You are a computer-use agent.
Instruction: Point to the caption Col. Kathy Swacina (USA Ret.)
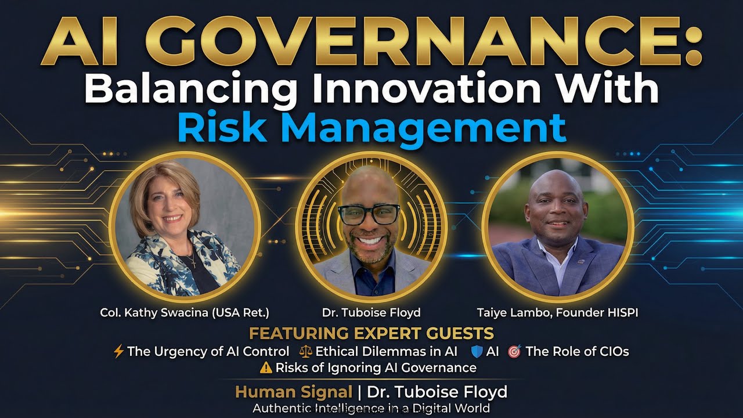pyautogui.click(x=184, y=313)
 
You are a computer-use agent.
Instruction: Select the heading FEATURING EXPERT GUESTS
pyautogui.click(x=371, y=333)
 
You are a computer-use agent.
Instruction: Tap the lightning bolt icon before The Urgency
pyautogui.click(x=118, y=351)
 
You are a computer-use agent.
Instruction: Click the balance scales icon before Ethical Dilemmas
pyautogui.click(x=306, y=351)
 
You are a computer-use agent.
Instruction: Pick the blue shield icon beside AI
pyautogui.click(x=477, y=351)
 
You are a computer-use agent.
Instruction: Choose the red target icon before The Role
pyautogui.click(x=514, y=351)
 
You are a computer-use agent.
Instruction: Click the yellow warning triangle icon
pyautogui.click(x=266, y=367)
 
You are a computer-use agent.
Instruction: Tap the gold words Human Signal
pyautogui.click(x=293, y=392)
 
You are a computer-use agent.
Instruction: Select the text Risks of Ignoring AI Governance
pyautogui.click(x=376, y=367)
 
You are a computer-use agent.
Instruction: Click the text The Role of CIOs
pyautogui.click(x=577, y=351)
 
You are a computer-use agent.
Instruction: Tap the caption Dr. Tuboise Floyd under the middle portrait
pyautogui.click(x=371, y=313)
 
